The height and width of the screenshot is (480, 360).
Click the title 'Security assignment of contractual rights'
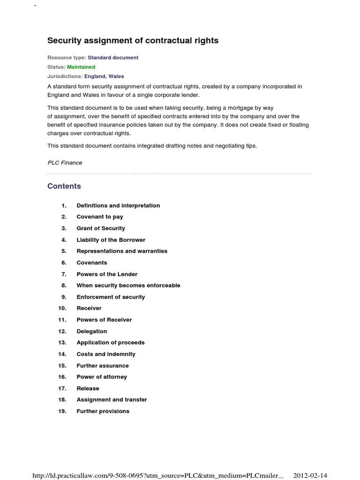133,41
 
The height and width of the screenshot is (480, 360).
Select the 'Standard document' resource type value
113,58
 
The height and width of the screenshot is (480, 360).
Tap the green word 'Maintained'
81,67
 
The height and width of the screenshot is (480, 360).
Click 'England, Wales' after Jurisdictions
104,76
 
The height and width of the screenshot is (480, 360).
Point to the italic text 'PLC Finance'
65,163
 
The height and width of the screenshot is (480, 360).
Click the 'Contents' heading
64,186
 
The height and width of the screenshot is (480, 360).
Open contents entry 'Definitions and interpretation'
118,206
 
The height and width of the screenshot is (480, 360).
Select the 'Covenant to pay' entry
100,217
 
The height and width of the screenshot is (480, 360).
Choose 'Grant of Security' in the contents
101,228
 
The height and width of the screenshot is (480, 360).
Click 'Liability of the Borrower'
111,240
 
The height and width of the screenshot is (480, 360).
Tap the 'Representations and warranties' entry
122,251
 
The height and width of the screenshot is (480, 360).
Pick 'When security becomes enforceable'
128,285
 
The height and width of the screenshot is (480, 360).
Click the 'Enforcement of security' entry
111,297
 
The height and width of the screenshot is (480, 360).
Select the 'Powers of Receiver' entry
104,320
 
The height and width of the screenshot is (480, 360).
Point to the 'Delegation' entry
92,331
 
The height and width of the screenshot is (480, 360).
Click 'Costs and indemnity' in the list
106,354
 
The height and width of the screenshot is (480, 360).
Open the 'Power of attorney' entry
102,377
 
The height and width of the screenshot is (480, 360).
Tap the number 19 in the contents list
62,412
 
